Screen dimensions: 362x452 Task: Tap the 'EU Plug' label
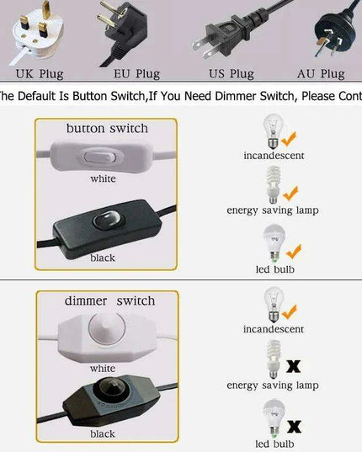point(136,74)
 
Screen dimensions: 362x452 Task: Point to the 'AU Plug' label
point(321,74)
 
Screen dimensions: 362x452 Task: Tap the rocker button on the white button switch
point(99,157)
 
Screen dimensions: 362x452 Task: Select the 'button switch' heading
point(107,128)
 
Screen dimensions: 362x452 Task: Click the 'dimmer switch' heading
point(109,301)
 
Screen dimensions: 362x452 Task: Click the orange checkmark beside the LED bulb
point(294,252)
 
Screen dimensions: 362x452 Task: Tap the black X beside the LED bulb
point(295,427)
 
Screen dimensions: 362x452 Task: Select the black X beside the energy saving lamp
point(294,366)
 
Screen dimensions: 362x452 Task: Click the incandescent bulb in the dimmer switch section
point(274,305)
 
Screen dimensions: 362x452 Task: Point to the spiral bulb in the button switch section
point(273,185)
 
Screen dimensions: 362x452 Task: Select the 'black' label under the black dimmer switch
point(103,433)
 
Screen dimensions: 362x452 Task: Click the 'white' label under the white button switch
point(103,178)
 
